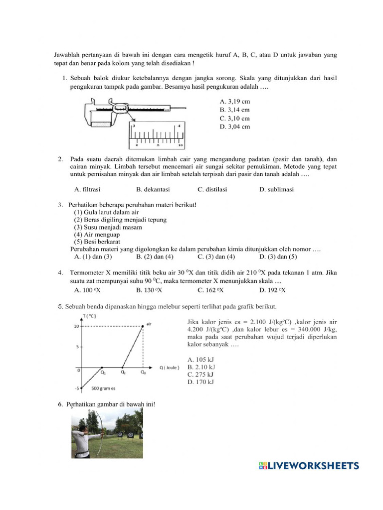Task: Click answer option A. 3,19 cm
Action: [x=234, y=101]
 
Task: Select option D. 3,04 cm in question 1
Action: [x=234, y=127]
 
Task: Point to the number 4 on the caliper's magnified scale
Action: [x=179, y=127]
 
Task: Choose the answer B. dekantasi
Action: [x=153, y=189]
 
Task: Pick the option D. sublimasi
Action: [x=276, y=189]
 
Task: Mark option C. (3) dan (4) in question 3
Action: [x=216, y=256]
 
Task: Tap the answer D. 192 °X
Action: [x=272, y=290]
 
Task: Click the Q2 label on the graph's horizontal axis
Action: [x=123, y=372]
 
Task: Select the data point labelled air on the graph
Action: [x=143, y=326]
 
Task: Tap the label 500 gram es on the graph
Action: [x=103, y=388]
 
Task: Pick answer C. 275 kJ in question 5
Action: [x=200, y=374]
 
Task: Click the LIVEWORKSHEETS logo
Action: [x=308, y=466]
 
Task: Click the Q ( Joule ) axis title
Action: [x=171, y=368]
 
